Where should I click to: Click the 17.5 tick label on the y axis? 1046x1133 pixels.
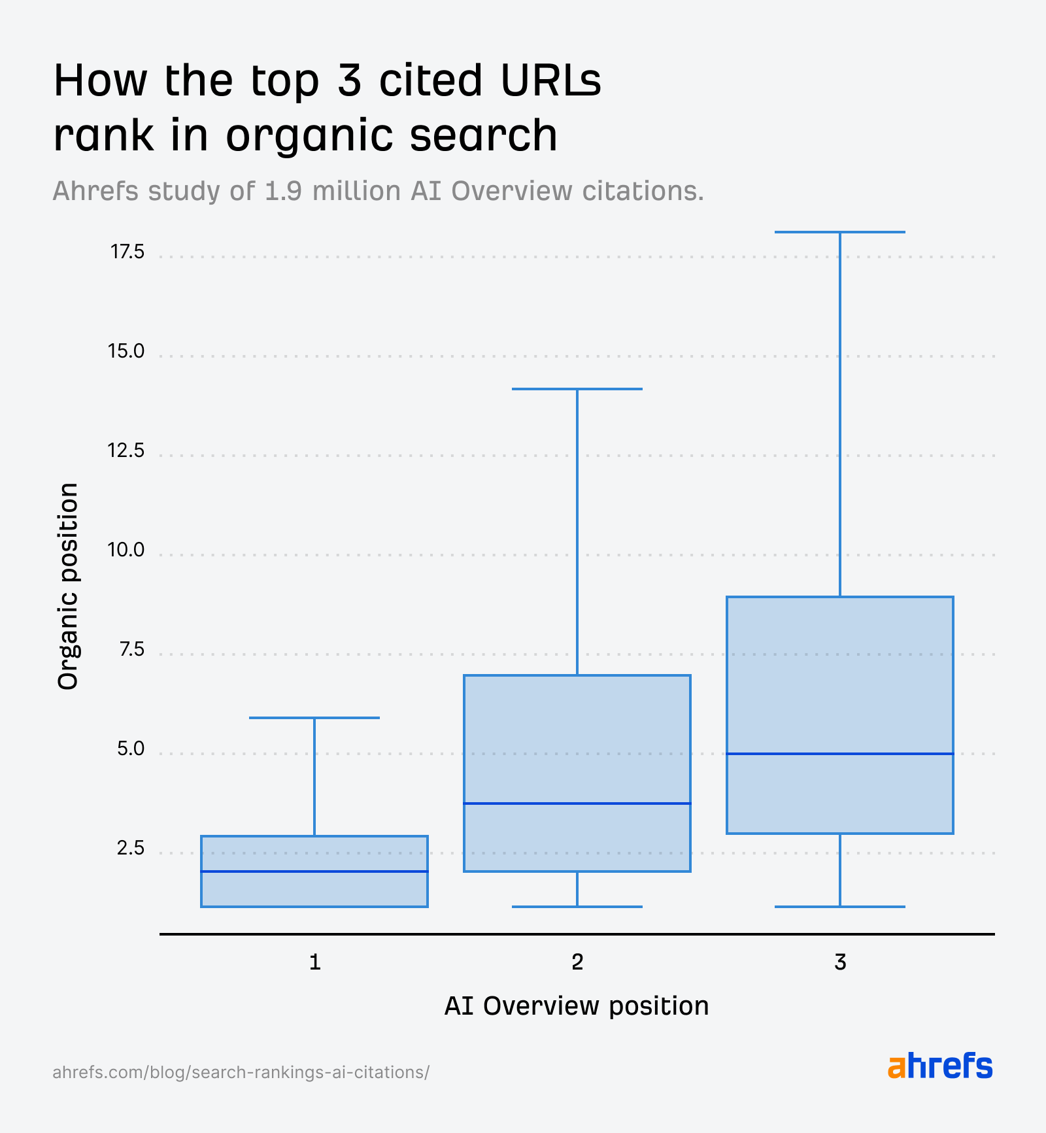(127, 252)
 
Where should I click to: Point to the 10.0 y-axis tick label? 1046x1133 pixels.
(126, 550)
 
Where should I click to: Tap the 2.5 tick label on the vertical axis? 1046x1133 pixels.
(130, 848)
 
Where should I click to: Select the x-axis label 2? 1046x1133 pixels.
(577, 962)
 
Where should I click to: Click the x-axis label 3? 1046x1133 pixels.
(840, 962)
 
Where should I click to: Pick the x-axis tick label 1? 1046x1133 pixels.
(314, 962)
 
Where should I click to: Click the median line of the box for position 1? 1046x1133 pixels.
(314, 871)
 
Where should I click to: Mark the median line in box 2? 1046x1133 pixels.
(577, 803)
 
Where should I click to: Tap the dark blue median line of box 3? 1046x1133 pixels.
(840, 754)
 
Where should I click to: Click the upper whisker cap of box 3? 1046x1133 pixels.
(840, 232)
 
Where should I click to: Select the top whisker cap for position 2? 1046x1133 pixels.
(577, 389)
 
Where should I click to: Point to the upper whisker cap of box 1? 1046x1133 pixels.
(314, 718)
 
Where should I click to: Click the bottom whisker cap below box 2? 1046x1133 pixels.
(577, 907)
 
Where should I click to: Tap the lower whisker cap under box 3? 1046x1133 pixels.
(840, 907)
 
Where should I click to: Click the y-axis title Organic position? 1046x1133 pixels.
(67, 586)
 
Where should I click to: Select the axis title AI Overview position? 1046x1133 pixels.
(577, 1006)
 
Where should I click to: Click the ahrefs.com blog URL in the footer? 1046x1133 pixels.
(241, 1072)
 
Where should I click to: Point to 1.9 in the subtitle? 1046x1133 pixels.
(283, 192)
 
